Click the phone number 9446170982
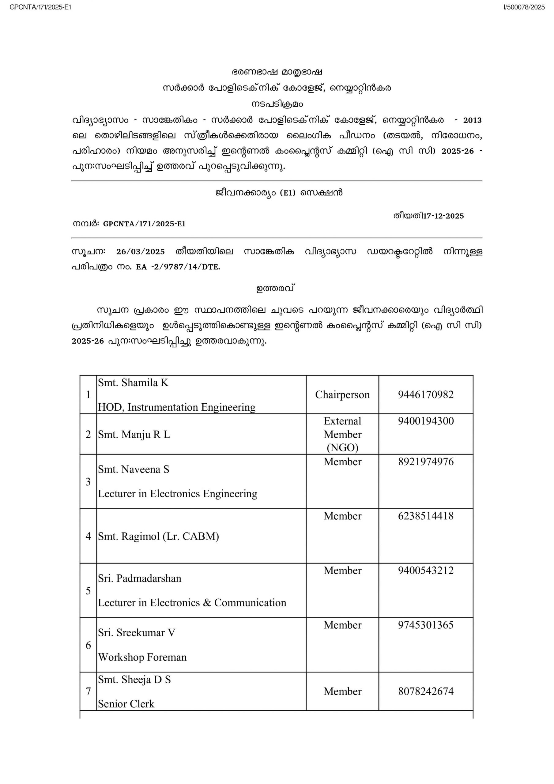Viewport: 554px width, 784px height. tap(426, 394)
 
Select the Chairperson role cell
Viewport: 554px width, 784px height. tap(342, 394)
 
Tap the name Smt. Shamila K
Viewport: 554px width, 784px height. tap(133, 383)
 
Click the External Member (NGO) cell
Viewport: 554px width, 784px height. tap(342, 434)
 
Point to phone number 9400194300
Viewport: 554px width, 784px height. tap(426, 421)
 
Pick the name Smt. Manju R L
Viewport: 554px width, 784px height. tap(134, 434)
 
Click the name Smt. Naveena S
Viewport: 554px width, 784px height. tap(134, 469)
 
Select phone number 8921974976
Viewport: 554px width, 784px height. tap(426, 462)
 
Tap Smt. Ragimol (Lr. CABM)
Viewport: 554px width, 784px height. tap(158, 536)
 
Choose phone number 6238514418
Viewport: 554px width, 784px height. tap(426, 516)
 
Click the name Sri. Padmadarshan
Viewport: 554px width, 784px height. tap(139, 578)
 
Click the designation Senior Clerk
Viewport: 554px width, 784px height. tap(126, 704)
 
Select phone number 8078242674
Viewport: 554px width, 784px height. tap(426, 691)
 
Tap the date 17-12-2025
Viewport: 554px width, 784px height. tap(443, 216)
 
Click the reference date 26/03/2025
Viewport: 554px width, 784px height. tap(140, 252)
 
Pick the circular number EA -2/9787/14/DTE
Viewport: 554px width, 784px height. tap(178, 267)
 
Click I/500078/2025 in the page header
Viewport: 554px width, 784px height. tap(524, 7)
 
